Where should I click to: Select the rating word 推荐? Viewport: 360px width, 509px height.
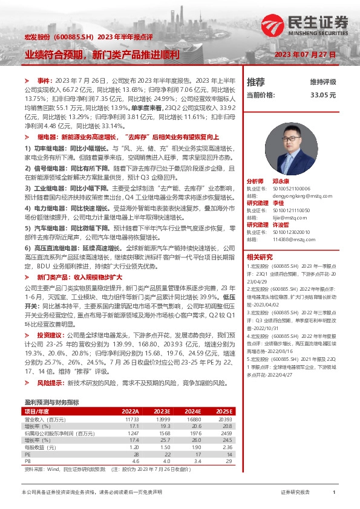pos(256,82)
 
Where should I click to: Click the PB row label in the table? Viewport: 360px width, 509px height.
pos(27,459)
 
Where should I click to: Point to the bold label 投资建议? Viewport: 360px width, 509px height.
pos(49,334)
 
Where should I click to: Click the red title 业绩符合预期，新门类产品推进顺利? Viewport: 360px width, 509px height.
pos(102,54)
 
